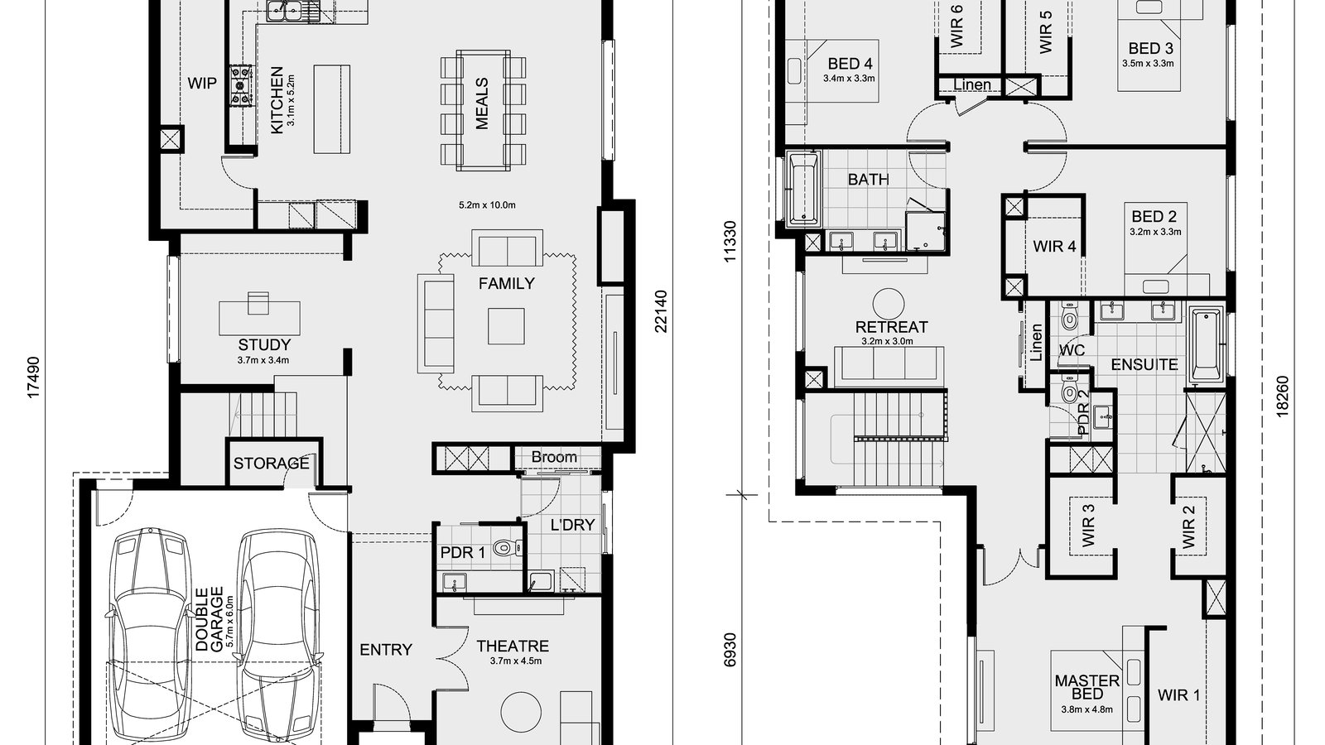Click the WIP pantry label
click(x=202, y=83)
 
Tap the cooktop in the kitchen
click(x=241, y=86)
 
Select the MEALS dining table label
click(x=482, y=103)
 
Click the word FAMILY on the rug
click(x=506, y=283)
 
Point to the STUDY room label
click(x=264, y=344)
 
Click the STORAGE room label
click(x=271, y=463)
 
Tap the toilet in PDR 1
click(x=504, y=547)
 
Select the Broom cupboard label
click(x=554, y=457)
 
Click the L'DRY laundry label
click(x=572, y=524)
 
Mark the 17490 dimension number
click(x=32, y=378)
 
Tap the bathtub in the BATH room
click(x=802, y=189)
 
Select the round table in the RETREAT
click(x=891, y=304)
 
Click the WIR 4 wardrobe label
click(x=1054, y=246)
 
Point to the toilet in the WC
click(x=1069, y=318)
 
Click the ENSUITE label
click(x=1144, y=364)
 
